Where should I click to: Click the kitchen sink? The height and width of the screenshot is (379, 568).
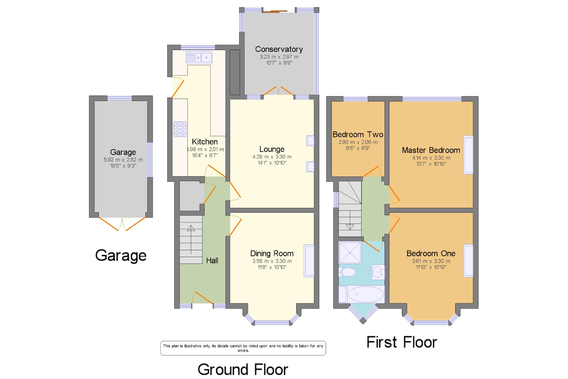199,57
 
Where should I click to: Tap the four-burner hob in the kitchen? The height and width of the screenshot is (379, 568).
180,129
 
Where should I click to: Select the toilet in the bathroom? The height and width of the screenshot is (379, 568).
347,272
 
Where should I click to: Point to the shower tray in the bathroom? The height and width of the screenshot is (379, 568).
350,252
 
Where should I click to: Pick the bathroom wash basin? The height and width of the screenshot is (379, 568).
378,272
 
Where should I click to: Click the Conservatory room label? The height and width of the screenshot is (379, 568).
279,49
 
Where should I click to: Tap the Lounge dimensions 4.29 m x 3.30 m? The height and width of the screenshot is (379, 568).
272,157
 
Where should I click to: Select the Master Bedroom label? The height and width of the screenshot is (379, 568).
431,150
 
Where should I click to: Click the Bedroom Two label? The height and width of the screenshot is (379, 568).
358,134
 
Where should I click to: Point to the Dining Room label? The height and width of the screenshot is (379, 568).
272,253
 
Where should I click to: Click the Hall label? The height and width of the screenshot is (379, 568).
212,260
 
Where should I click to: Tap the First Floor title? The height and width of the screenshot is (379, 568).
402,342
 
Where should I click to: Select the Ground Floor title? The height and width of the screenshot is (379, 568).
243,370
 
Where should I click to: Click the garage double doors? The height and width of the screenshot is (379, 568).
122,224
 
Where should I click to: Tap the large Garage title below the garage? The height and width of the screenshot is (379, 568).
121,256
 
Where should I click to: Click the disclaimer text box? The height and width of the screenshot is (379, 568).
243,348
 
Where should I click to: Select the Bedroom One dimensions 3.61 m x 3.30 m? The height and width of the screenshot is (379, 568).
431,261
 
